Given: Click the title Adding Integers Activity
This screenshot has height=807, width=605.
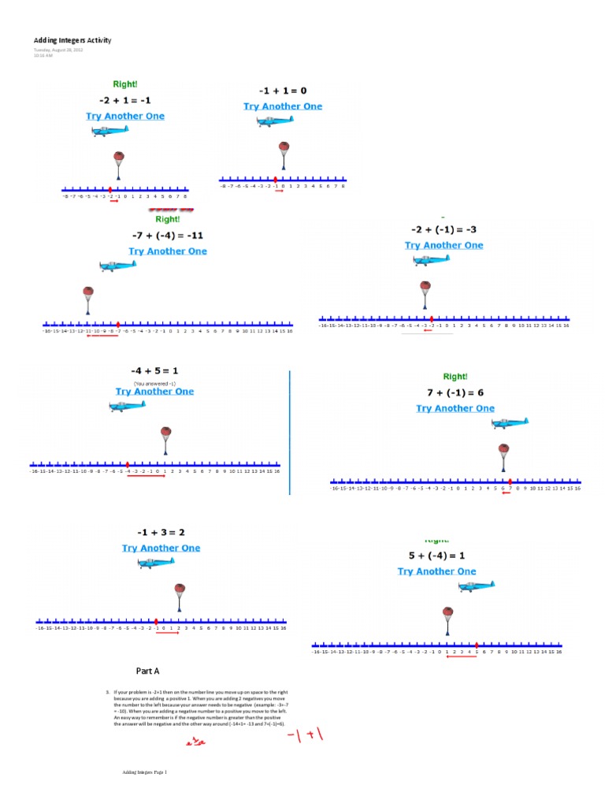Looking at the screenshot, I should (x=72, y=40).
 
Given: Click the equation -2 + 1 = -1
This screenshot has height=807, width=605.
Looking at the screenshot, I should (x=125, y=99).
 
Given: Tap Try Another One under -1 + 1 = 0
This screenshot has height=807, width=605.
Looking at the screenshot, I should (x=283, y=106).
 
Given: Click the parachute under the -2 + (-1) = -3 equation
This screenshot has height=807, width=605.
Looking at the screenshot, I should (x=425, y=293).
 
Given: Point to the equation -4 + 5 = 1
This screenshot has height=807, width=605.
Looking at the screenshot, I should (x=154, y=370).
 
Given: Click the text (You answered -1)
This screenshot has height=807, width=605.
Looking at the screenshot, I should (x=154, y=382).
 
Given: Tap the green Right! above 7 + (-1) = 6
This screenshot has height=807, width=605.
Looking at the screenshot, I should (x=455, y=377).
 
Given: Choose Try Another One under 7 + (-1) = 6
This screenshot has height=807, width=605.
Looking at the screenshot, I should (x=455, y=408).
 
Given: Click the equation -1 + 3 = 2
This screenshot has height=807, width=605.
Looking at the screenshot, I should (x=161, y=532).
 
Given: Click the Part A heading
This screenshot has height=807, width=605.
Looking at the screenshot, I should (x=147, y=671).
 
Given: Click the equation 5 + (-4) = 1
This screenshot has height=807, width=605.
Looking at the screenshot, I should (x=436, y=555).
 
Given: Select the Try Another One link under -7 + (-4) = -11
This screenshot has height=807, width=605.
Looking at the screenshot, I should (x=168, y=251).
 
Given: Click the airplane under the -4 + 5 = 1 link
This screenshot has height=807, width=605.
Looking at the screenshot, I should (x=128, y=405).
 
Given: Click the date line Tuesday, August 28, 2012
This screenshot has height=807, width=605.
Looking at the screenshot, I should (x=58, y=50).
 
